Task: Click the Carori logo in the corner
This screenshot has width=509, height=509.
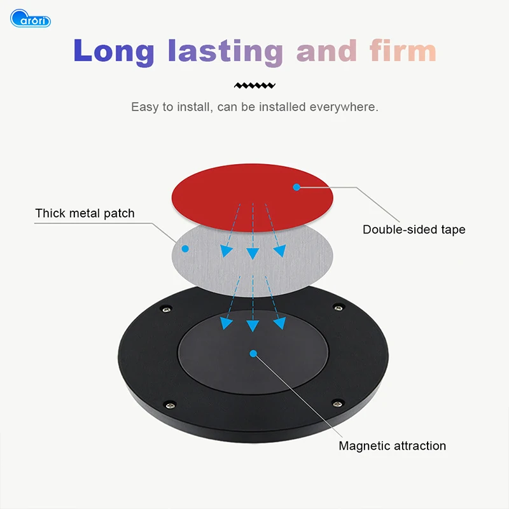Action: (31, 18)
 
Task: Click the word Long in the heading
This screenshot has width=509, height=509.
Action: (113, 51)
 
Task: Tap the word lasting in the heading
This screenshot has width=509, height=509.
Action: (225, 51)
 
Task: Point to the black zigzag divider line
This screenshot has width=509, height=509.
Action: (254, 85)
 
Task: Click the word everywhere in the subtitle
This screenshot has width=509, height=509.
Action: (344, 107)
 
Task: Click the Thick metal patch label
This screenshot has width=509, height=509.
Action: (85, 213)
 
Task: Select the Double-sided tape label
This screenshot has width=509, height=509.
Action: (414, 230)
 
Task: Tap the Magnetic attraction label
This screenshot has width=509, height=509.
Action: (392, 445)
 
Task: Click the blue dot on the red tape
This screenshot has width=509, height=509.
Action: (296, 187)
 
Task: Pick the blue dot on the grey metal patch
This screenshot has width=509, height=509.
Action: (185, 248)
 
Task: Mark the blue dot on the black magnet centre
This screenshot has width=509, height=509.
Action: (253, 352)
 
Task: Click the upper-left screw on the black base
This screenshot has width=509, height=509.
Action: (166, 309)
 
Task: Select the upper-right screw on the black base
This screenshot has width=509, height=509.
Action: (339, 309)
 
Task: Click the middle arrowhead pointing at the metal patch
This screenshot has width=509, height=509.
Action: (253, 254)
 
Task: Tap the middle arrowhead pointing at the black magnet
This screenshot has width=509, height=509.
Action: (253, 326)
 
